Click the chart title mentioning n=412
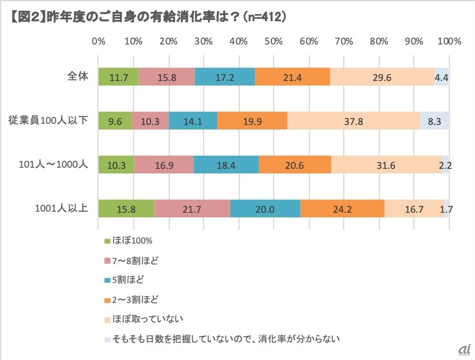click(148, 18)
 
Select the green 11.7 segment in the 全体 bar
click(118, 76)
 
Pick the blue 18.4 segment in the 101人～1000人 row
click(226, 165)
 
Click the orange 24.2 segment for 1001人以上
click(342, 209)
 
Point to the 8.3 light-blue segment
click(435, 121)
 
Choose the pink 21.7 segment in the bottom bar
click(192, 209)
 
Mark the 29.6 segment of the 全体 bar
click(381, 76)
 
